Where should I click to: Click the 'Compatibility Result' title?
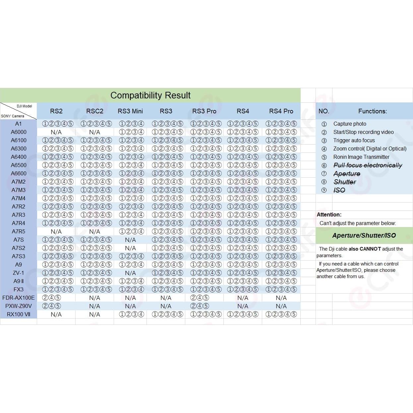coord(150,95)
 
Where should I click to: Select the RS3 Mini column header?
coord(130,111)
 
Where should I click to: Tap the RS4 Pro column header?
coord(281,111)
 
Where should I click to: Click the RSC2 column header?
coord(94,111)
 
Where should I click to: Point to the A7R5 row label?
coord(19,231)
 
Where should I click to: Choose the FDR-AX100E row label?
coord(19,298)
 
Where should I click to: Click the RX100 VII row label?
coord(19,314)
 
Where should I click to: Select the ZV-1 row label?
coord(19,273)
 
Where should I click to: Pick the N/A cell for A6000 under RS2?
coord(56,132)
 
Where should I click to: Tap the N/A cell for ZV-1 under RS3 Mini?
coord(130,273)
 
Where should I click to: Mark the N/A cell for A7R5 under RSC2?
coord(94,231)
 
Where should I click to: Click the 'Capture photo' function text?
coord(350,124)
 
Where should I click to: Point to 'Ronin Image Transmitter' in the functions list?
coord(361,157)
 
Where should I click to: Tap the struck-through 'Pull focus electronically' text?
coord(368,165)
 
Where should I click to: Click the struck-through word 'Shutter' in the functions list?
coord(345,182)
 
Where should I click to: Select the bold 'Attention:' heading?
coord(329,214)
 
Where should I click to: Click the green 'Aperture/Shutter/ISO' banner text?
coord(364,235)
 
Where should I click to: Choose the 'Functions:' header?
coord(372,111)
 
